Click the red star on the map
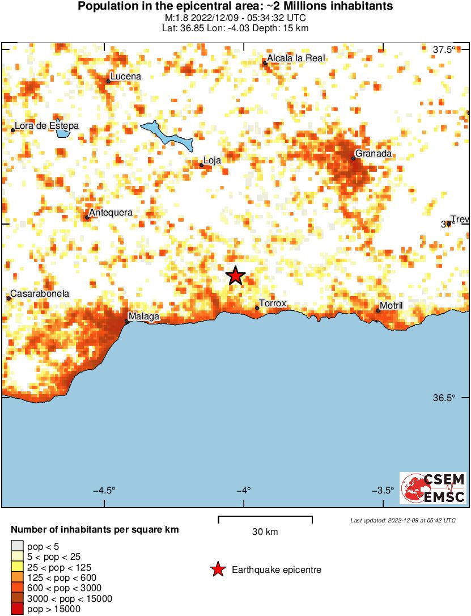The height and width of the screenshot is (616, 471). click(235, 276)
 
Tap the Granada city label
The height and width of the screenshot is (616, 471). click(373, 154)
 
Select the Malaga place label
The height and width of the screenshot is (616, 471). click(143, 317)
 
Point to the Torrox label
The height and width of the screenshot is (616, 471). click(273, 304)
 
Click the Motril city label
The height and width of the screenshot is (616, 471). click(391, 306)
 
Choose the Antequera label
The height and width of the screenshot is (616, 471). click(111, 213)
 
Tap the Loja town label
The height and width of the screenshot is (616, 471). click(211, 161)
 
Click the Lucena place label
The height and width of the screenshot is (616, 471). click(126, 77)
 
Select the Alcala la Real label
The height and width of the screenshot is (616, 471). click(296, 58)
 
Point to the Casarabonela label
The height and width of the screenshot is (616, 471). click(40, 294)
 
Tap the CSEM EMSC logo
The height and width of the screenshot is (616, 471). click(433, 488)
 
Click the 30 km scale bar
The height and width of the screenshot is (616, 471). click(265, 517)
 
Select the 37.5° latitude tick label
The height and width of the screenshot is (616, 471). click(444, 49)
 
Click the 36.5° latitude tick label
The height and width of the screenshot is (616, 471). click(444, 398)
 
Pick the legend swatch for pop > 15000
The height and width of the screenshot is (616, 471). click(17, 609)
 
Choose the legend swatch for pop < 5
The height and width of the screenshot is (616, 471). click(17, 546)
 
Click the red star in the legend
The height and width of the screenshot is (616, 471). click(217, 569)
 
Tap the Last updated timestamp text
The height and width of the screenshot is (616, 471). click(402, 520)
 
